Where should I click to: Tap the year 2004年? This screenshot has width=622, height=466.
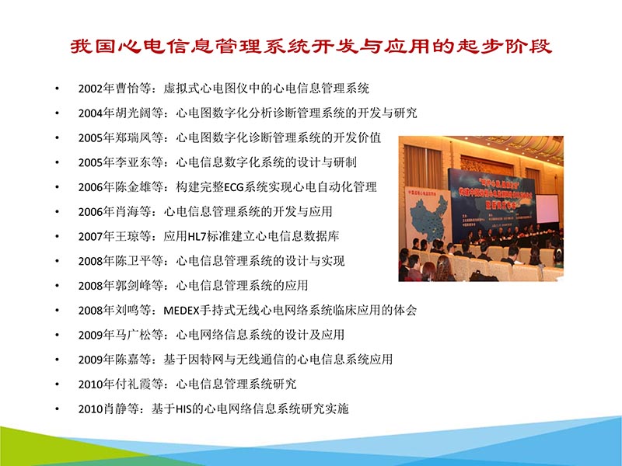click(x=95, y=113)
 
